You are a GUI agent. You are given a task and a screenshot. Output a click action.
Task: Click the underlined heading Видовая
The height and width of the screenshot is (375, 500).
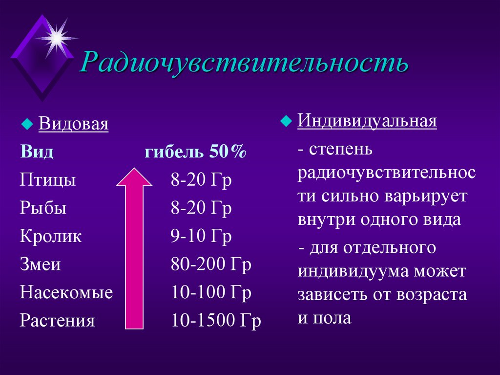tap(74, 124)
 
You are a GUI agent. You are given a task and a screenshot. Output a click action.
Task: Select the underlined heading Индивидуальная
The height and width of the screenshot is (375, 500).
tap(367, 121)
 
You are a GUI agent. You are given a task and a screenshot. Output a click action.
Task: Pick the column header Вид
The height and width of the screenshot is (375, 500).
tap(37, 152)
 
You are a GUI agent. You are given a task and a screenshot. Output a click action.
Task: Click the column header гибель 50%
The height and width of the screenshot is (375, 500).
tap(195, 152)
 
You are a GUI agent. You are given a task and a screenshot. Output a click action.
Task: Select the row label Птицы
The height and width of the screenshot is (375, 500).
tap(48, 180)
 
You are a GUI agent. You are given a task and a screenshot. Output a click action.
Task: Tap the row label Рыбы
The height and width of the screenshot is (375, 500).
tap(43, 209)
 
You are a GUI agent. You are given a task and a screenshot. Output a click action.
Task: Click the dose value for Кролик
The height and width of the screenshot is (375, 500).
tap(201, 237)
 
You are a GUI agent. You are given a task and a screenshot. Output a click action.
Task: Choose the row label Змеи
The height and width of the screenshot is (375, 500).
tap(41, 265)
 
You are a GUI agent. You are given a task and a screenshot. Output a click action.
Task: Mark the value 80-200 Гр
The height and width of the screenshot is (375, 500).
tap(211, 265)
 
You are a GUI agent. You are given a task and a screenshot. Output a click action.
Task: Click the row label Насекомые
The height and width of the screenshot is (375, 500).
tap(66, 293)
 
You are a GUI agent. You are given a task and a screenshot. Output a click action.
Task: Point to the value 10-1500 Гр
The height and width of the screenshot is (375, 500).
tap(216, 321)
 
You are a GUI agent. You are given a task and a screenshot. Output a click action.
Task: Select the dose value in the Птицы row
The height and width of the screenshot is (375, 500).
tap(201, 180)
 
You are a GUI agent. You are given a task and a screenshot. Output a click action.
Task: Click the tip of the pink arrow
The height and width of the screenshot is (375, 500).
tap(134, 170)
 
